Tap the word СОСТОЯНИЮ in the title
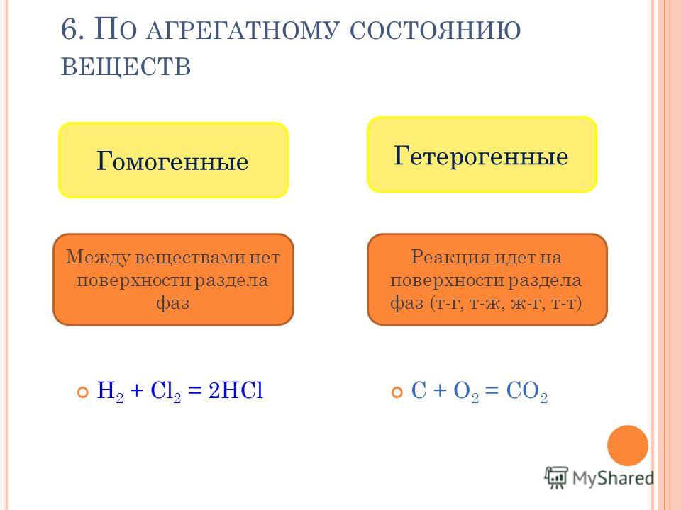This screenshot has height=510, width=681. pos(435,30)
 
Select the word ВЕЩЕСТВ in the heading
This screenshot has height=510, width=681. pos(126,67)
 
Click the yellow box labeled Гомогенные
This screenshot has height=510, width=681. pos(173,160)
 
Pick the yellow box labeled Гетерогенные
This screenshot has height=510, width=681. pos(482,154)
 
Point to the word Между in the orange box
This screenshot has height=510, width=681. pos(98,258)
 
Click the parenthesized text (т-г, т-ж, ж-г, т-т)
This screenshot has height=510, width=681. pos(506,303)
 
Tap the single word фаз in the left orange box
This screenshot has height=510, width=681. pos(173,302)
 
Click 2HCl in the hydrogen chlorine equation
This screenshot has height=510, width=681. pos(236,390)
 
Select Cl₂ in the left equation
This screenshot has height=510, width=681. pos(165,391)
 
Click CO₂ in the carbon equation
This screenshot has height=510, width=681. pos(527,391)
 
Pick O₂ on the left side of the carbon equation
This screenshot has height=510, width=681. pos(466,391)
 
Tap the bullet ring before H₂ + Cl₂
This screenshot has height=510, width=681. pos(82,392)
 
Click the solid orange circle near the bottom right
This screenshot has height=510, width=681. pos(628,446)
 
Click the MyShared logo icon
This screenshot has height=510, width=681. pos(556,478)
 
